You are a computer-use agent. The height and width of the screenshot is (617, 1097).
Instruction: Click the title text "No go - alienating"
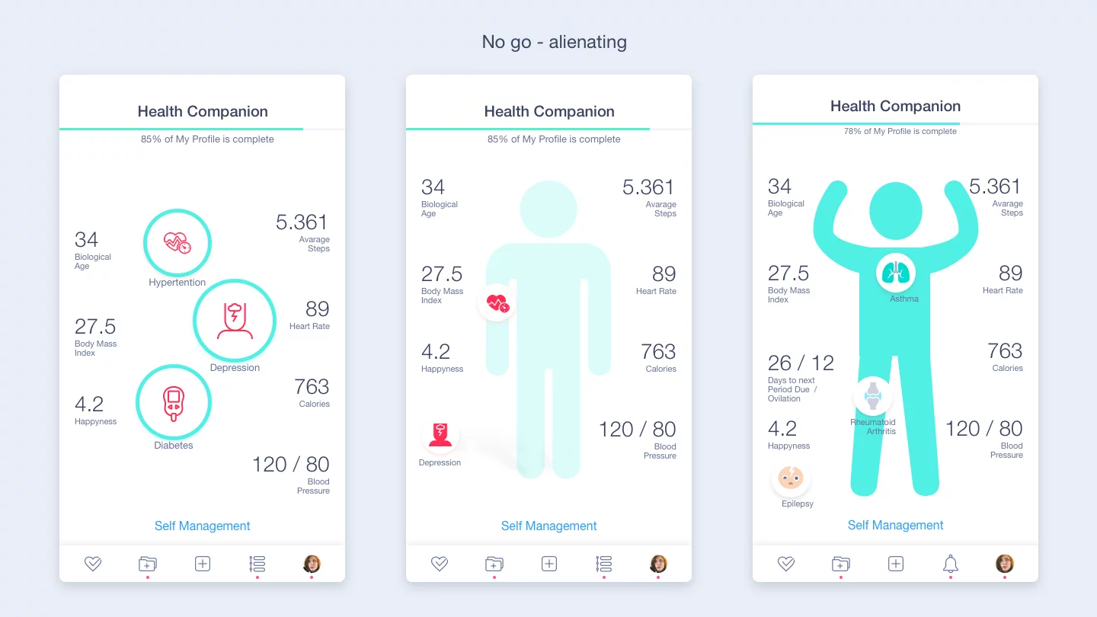pos(554,42)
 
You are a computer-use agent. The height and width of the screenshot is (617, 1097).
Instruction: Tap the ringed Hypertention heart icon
pos(178,243)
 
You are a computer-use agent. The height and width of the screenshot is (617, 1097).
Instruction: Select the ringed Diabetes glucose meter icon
pos(174,402)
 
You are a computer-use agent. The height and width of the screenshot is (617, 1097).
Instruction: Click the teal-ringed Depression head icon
pos(235,320)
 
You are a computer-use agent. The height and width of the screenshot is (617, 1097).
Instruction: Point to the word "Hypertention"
pos(178,283)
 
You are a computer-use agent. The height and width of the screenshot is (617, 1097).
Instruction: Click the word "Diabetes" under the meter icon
pos(174,446)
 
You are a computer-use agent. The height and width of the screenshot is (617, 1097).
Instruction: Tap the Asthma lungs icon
pos(896,273)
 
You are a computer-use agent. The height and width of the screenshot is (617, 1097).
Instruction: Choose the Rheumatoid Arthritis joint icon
pos(873,396)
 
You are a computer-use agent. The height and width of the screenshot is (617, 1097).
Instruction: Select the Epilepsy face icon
pos(791,479)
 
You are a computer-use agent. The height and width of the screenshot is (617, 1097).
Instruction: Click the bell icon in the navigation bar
pos(950,564)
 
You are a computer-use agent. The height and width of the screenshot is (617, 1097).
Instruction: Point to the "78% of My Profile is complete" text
pos(900,131)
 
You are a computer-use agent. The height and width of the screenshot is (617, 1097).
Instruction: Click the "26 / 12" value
pos(801,363)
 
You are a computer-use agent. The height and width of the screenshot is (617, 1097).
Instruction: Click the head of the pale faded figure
pos(548,209)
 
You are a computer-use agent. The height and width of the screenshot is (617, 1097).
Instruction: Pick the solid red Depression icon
pos(440,435)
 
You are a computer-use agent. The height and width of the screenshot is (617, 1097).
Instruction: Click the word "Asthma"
pos(904,299)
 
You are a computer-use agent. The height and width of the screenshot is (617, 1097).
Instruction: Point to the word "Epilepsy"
pos(798,504)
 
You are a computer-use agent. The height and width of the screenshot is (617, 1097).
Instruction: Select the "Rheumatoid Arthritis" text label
pos(873,427)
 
